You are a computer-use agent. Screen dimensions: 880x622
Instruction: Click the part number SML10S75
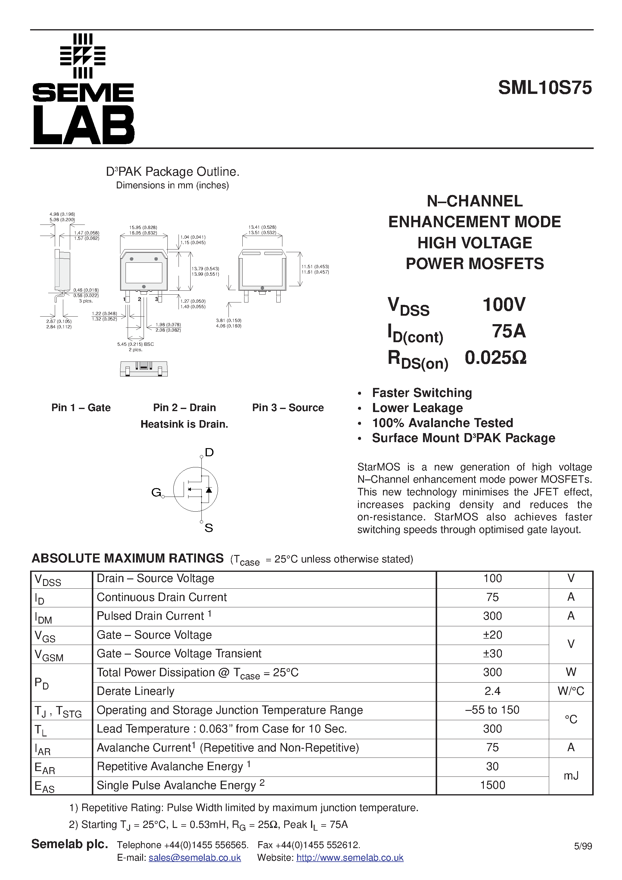pos(545,88)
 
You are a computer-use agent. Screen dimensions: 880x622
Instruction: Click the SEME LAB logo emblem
pos(83,56)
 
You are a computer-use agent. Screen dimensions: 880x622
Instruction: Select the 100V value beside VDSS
pos(503,305)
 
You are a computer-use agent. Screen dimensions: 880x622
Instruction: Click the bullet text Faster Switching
pos(422,393)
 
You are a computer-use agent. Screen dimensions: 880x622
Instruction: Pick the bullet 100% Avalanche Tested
pos(442,423)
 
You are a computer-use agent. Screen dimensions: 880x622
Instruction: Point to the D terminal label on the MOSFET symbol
pos(209,453)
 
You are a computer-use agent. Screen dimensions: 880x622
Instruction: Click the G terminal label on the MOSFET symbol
pos(156,492)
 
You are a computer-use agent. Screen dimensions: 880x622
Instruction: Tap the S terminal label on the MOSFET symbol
pos(209,528)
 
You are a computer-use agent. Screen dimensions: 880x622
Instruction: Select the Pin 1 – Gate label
pos(81,407)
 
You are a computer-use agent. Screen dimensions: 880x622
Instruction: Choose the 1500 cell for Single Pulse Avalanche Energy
pos(492,785)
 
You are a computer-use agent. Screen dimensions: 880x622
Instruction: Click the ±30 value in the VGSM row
pos(492,653)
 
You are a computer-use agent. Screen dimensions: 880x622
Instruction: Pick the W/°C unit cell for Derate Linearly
pos(571,691)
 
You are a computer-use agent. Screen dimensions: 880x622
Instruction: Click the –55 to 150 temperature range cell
pos(492,710)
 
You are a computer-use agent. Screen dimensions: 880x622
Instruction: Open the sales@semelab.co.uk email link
pos(194,858)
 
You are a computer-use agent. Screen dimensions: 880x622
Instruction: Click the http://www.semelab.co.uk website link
pos(350,858)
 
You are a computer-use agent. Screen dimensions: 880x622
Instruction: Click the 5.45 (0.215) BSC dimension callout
pos(135,344)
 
